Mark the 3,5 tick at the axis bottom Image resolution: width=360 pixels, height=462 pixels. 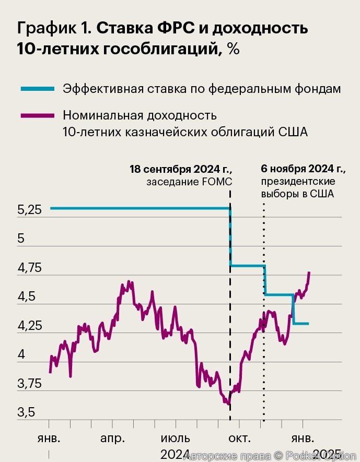click(x=26, y=413)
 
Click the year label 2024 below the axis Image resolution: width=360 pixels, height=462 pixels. click(x=175, y=454)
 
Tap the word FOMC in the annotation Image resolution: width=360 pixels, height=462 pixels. click(x=216, y=182)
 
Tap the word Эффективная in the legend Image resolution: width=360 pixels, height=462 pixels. click(x=100, y=88)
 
